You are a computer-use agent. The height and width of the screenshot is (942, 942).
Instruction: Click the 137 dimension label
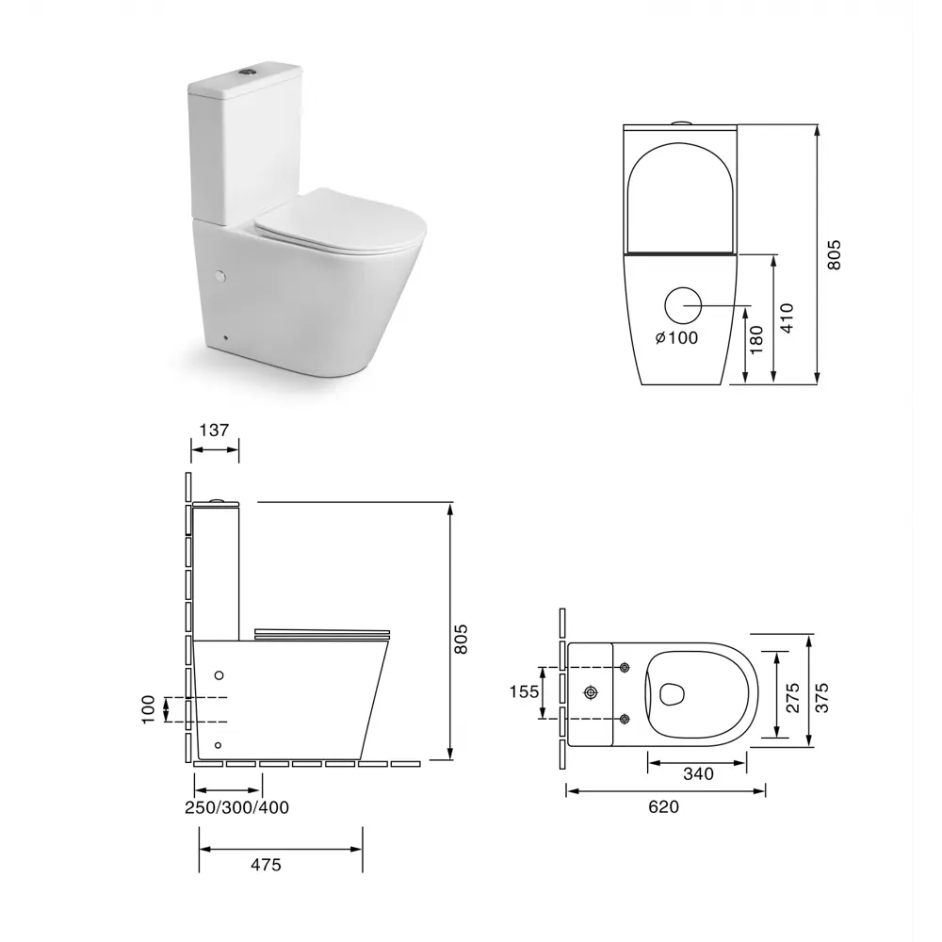tap(215, 430)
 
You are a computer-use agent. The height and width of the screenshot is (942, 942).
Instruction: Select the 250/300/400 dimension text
tap(236, 807)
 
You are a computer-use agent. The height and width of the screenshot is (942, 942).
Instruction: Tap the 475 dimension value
tap(266, 865)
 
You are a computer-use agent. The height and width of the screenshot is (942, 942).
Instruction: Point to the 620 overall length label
tap(664, 806)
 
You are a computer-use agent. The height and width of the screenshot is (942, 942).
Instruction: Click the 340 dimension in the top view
tap(698, 773)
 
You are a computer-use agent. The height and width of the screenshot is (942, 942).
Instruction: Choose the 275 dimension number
tap(793, 697)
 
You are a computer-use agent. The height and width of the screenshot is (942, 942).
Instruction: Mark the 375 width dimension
tap(821, 697)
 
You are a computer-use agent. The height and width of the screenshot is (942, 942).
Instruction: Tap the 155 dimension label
tap(525, 692)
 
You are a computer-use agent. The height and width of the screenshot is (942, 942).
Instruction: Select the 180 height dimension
tap(757, 339)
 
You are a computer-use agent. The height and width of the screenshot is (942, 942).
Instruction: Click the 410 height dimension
tap(787, 317)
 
